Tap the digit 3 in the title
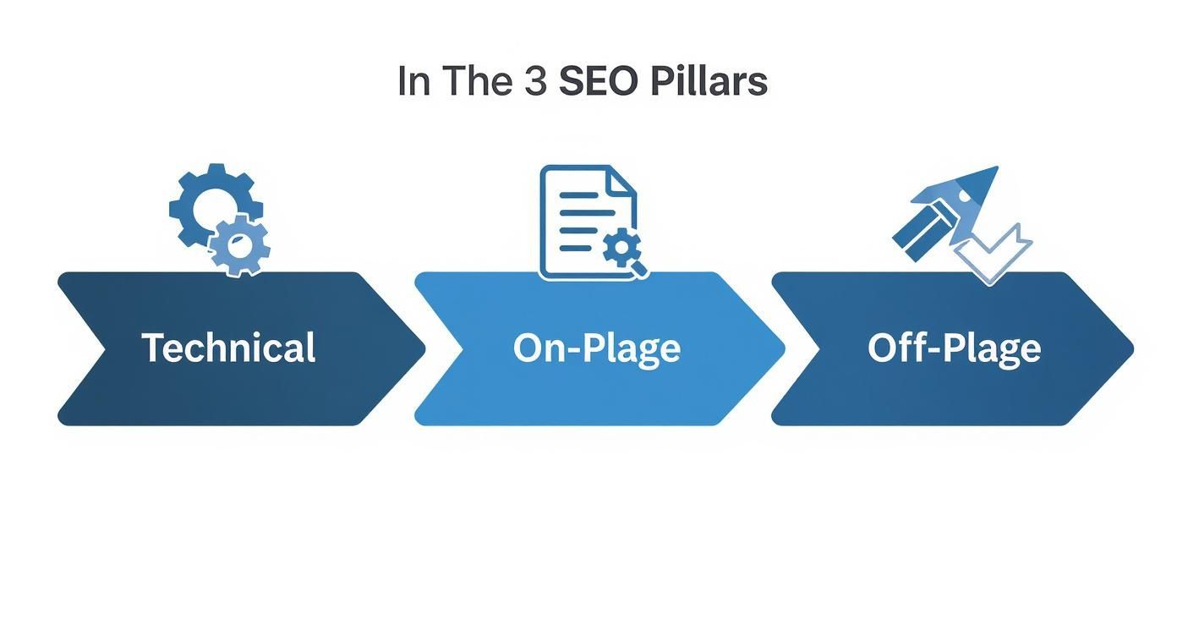(x=535, y=81)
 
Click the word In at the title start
(x=413, y=81)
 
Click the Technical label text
(x=228, y=348)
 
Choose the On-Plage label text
(x=596, y=348)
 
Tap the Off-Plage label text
(x=954, y=348)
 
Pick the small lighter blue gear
(x=240, y=245)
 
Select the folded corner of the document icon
(x=622, y=181)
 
